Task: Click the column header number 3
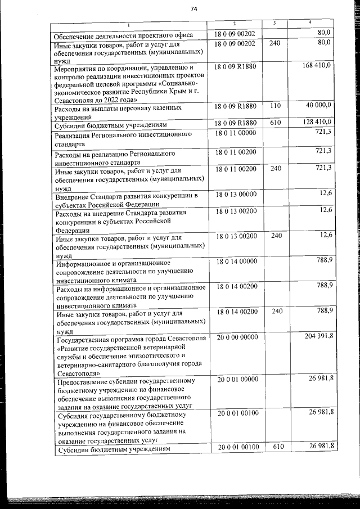pos(273,23)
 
